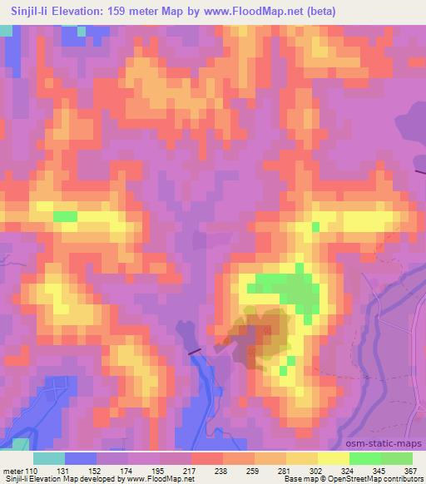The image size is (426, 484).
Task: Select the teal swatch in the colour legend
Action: click(49, 457)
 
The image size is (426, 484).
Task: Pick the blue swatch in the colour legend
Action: click(81, 457)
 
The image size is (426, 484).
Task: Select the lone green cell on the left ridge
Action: click(64, 216)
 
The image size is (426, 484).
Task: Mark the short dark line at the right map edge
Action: click(421, 171)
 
